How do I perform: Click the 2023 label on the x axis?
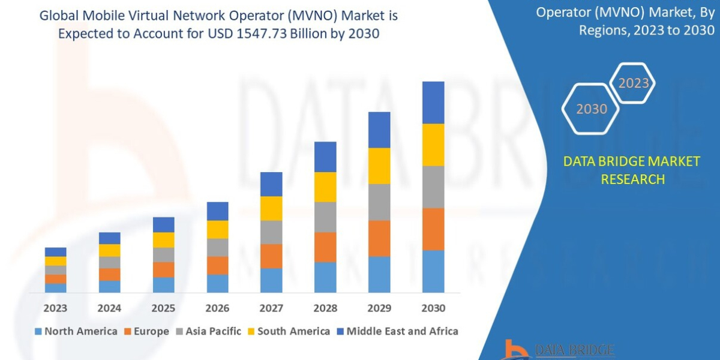pos(55,308)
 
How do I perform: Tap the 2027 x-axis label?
pos(271,308)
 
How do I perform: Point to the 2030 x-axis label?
pos(433,308)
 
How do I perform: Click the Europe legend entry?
pos(146,331)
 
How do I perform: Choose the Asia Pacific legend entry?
pos(208,331)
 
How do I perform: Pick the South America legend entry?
pos(288,331)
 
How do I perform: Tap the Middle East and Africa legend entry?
pos(397,331)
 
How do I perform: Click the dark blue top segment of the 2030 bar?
pos(433,103)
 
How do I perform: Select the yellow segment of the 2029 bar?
pos(379,166)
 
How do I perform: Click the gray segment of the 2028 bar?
pos(325,217)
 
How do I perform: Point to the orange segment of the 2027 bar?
pos(271,256)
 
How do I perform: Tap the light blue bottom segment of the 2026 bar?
pos(217,283)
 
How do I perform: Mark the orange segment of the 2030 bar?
pos(433,229)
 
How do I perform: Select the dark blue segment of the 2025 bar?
pos(163,224)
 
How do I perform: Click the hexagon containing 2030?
pos(592,109)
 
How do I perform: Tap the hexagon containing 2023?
pos(633,83)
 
